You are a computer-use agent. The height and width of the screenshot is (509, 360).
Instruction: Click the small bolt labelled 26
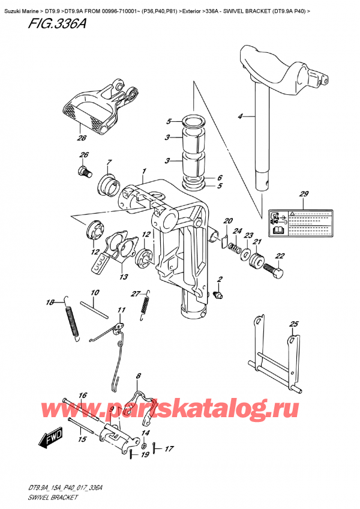point(85,170)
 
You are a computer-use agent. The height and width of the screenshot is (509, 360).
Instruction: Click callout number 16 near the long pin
point(83,396)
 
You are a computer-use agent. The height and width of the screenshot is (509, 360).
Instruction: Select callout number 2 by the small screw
point(220,279)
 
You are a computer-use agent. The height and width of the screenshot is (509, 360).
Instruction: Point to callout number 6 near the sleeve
point(220,178)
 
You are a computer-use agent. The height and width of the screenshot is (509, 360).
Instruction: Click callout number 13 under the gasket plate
point(123,277)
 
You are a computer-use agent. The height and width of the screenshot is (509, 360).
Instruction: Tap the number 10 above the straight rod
point(95,292)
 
